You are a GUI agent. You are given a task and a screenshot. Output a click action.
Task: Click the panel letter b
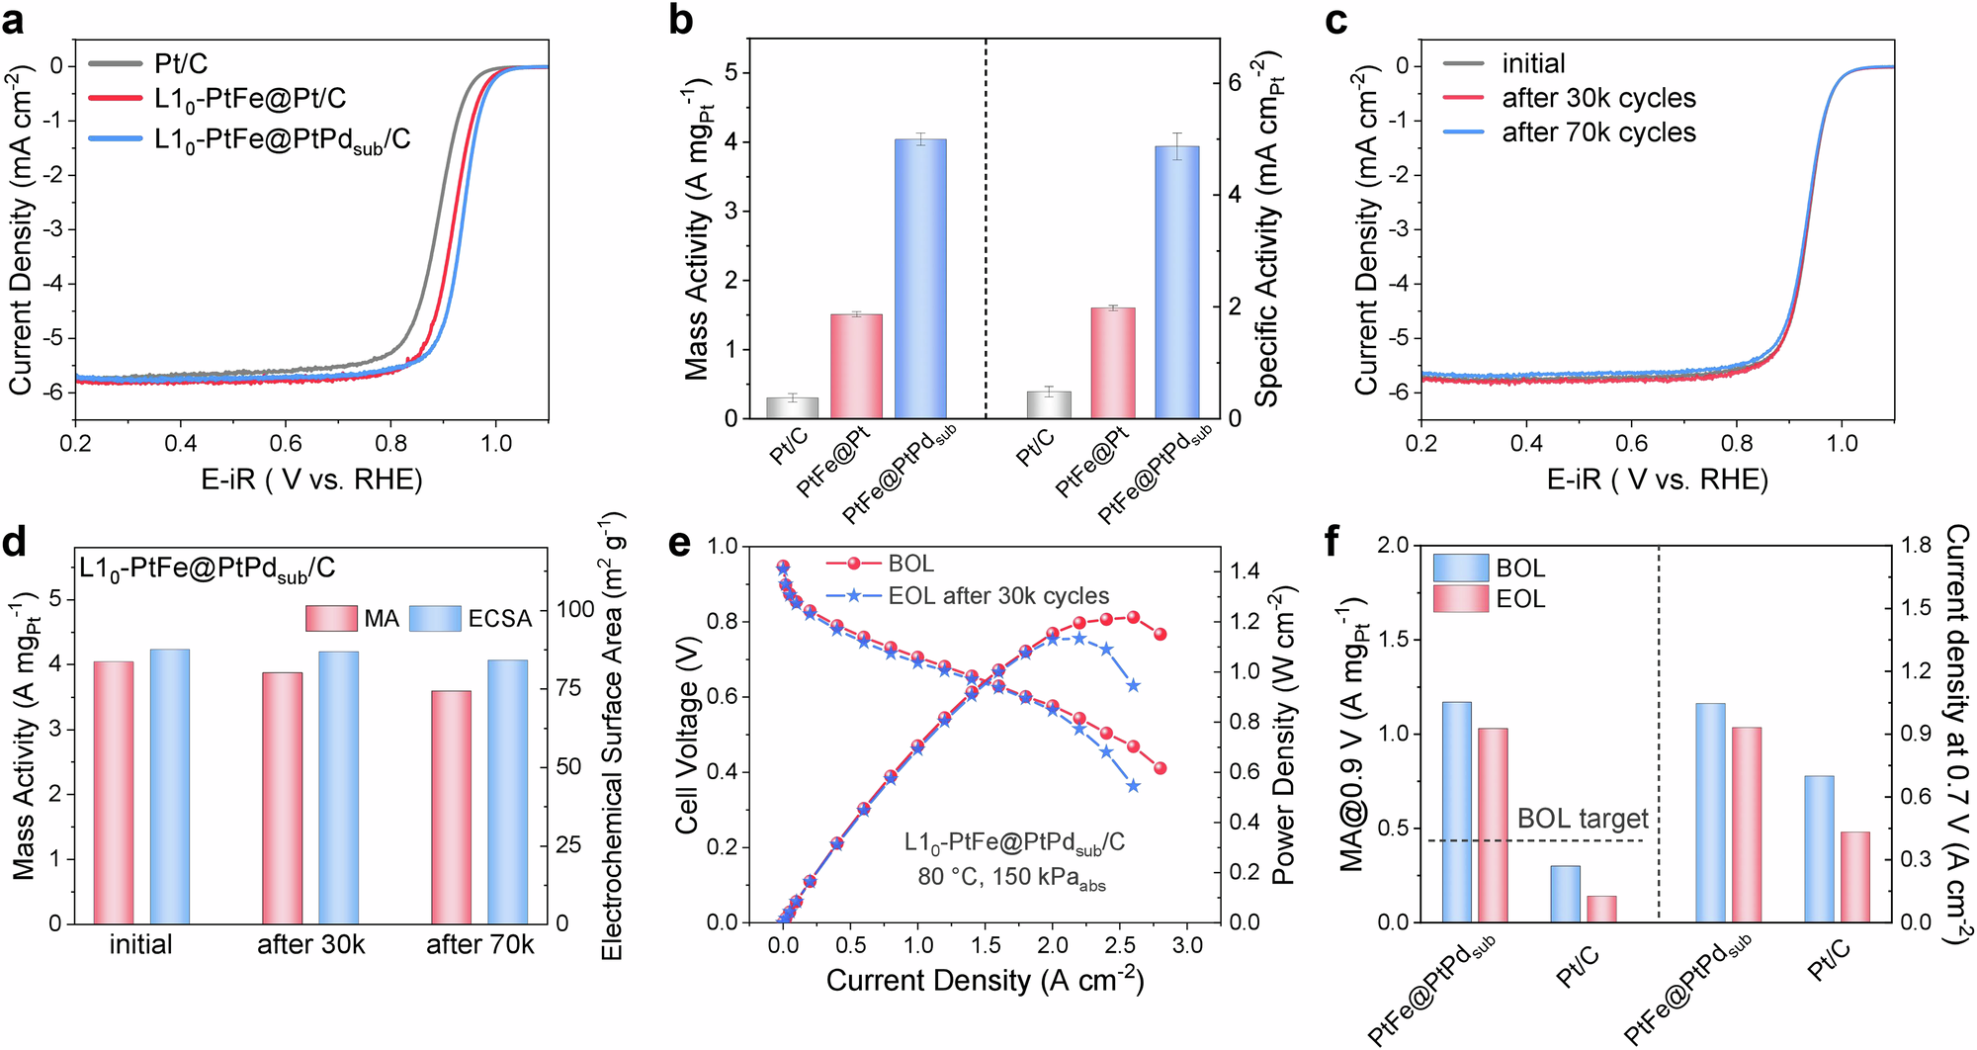(680, 20)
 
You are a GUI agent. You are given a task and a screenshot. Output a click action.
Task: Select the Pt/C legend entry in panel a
(181, 64)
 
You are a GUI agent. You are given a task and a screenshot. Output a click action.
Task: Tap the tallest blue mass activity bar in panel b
(920, 278)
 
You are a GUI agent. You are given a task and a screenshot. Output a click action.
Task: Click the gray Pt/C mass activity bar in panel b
(792, 407)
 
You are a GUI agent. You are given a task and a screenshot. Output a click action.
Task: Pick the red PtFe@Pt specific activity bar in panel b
(1113, 362)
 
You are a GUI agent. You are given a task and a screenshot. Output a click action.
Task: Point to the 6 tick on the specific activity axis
(1234, 83)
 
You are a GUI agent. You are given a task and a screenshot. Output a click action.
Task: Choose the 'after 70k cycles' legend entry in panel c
(1597, 132)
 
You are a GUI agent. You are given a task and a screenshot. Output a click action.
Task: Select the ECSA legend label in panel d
(499, 619)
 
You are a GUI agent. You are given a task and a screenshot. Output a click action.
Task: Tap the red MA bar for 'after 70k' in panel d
(452, 806)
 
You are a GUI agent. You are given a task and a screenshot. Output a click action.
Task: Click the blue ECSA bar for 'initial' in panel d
(169, 786)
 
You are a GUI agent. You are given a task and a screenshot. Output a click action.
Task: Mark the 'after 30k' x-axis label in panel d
(310, 945)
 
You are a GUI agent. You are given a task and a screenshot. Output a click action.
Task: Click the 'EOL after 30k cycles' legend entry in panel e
(997, 596)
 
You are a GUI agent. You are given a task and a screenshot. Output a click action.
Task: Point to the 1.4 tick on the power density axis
(1245, 571)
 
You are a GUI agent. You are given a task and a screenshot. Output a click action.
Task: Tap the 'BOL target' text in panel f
(1582, 819)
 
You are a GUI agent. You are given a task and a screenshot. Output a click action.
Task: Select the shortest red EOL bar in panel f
(1601, 909)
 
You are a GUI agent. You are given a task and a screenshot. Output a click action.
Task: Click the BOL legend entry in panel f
(1519, 569)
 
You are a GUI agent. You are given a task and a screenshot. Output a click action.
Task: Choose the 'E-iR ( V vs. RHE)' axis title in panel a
(311, 481)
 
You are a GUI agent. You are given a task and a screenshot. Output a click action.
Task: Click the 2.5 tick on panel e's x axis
(1119, 945)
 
